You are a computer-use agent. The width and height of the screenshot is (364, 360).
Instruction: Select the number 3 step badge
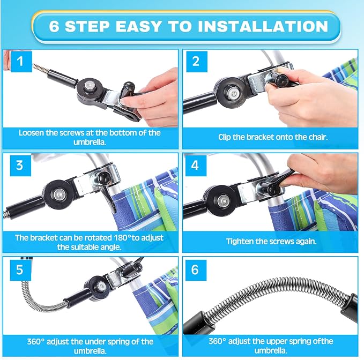pyautogui.click(x=20, y=166)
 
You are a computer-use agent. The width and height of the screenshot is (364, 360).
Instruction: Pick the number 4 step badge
pyautogui.click(x=196, y=166)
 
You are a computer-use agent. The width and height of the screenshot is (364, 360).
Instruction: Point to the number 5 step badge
pyautogui.click(x=20, y=270)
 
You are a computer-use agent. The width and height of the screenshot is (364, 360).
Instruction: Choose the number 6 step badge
pyautogui.click(x=196, y=270)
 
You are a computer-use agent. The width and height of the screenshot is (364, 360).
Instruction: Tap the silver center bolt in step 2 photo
pyautogui.click(x=233, y=93)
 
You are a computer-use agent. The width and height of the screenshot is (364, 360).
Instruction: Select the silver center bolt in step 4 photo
pyautogui.click(x=223, y=200)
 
